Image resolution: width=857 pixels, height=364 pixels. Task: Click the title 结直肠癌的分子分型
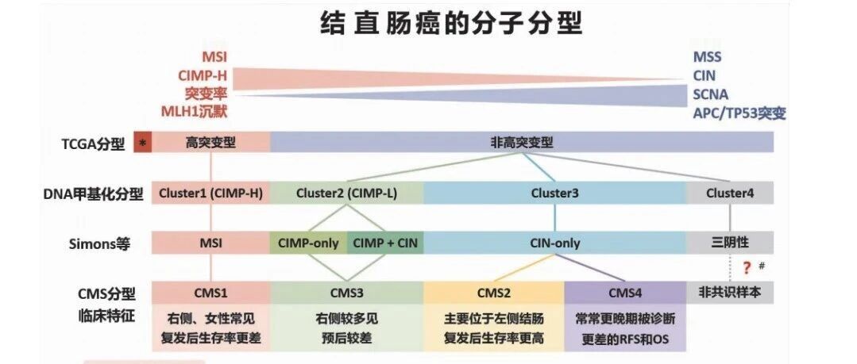point(450,23)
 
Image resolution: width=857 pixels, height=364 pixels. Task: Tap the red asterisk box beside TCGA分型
point(143,143)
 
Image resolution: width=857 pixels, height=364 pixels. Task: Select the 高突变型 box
point(211,143)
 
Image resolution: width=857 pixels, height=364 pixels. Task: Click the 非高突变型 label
point(521,143)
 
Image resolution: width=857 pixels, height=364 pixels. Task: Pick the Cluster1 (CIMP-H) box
point(211,193)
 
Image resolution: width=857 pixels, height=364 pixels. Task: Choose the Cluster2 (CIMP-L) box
point(346,193)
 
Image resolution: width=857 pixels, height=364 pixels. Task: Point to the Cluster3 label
point(554,193)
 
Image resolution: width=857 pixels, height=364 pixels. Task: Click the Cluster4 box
point(730,193)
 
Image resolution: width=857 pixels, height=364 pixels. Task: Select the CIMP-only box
point(308,243)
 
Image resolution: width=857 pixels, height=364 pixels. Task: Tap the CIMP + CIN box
point(385,243)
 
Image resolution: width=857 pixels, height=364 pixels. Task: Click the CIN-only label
point(554,243)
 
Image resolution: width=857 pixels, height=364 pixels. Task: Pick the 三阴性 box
point(730,243)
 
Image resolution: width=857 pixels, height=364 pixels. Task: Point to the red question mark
point(747,268)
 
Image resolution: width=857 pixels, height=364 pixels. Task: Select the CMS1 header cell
point(211,293)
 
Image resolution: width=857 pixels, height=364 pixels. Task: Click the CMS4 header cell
point(625,293)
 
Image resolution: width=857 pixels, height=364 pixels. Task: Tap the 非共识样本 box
point(730,293)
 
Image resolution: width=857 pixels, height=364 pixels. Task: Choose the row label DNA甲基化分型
point(93,194)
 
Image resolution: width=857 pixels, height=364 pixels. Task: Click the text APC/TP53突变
point(739,113)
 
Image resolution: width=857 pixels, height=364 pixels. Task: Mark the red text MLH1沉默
point(194,111)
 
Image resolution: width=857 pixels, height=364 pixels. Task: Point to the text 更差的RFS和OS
point(625,339)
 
